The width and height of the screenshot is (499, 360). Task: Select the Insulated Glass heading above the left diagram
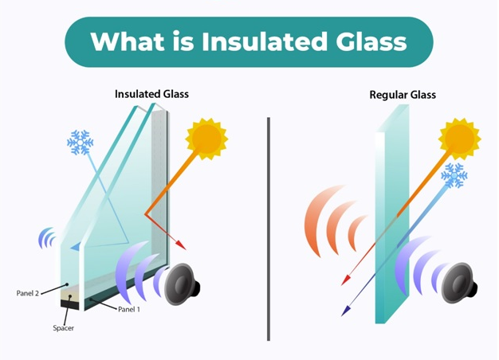[x=151, y=94]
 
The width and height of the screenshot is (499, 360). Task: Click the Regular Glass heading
[x=403, y=95]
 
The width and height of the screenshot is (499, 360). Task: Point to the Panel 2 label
[x=28, y=293]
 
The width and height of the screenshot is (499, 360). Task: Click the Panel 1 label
[x=129, y=309]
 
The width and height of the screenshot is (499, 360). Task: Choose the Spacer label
[x=63, y=328]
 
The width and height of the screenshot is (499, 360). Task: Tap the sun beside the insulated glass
[x=206, y=139]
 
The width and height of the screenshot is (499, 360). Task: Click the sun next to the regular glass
[x=459, y=139]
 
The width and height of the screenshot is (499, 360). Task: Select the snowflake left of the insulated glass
[x=80, y=142]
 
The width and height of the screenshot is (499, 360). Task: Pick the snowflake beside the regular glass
[x=454, y=175]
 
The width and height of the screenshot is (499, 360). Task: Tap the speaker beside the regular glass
[x=458, y=283]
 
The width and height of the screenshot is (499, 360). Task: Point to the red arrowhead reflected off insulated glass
[x=181, y=245]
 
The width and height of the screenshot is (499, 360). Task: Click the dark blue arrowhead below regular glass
[x=346, y=311]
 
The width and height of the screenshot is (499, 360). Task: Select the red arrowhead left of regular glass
[x=346, y=280]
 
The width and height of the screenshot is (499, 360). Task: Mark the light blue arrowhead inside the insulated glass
[x=75, y=247]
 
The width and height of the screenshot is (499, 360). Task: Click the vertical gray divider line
[x=269, y=229]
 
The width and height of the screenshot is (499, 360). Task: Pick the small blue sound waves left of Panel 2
[x=46, y=238]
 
